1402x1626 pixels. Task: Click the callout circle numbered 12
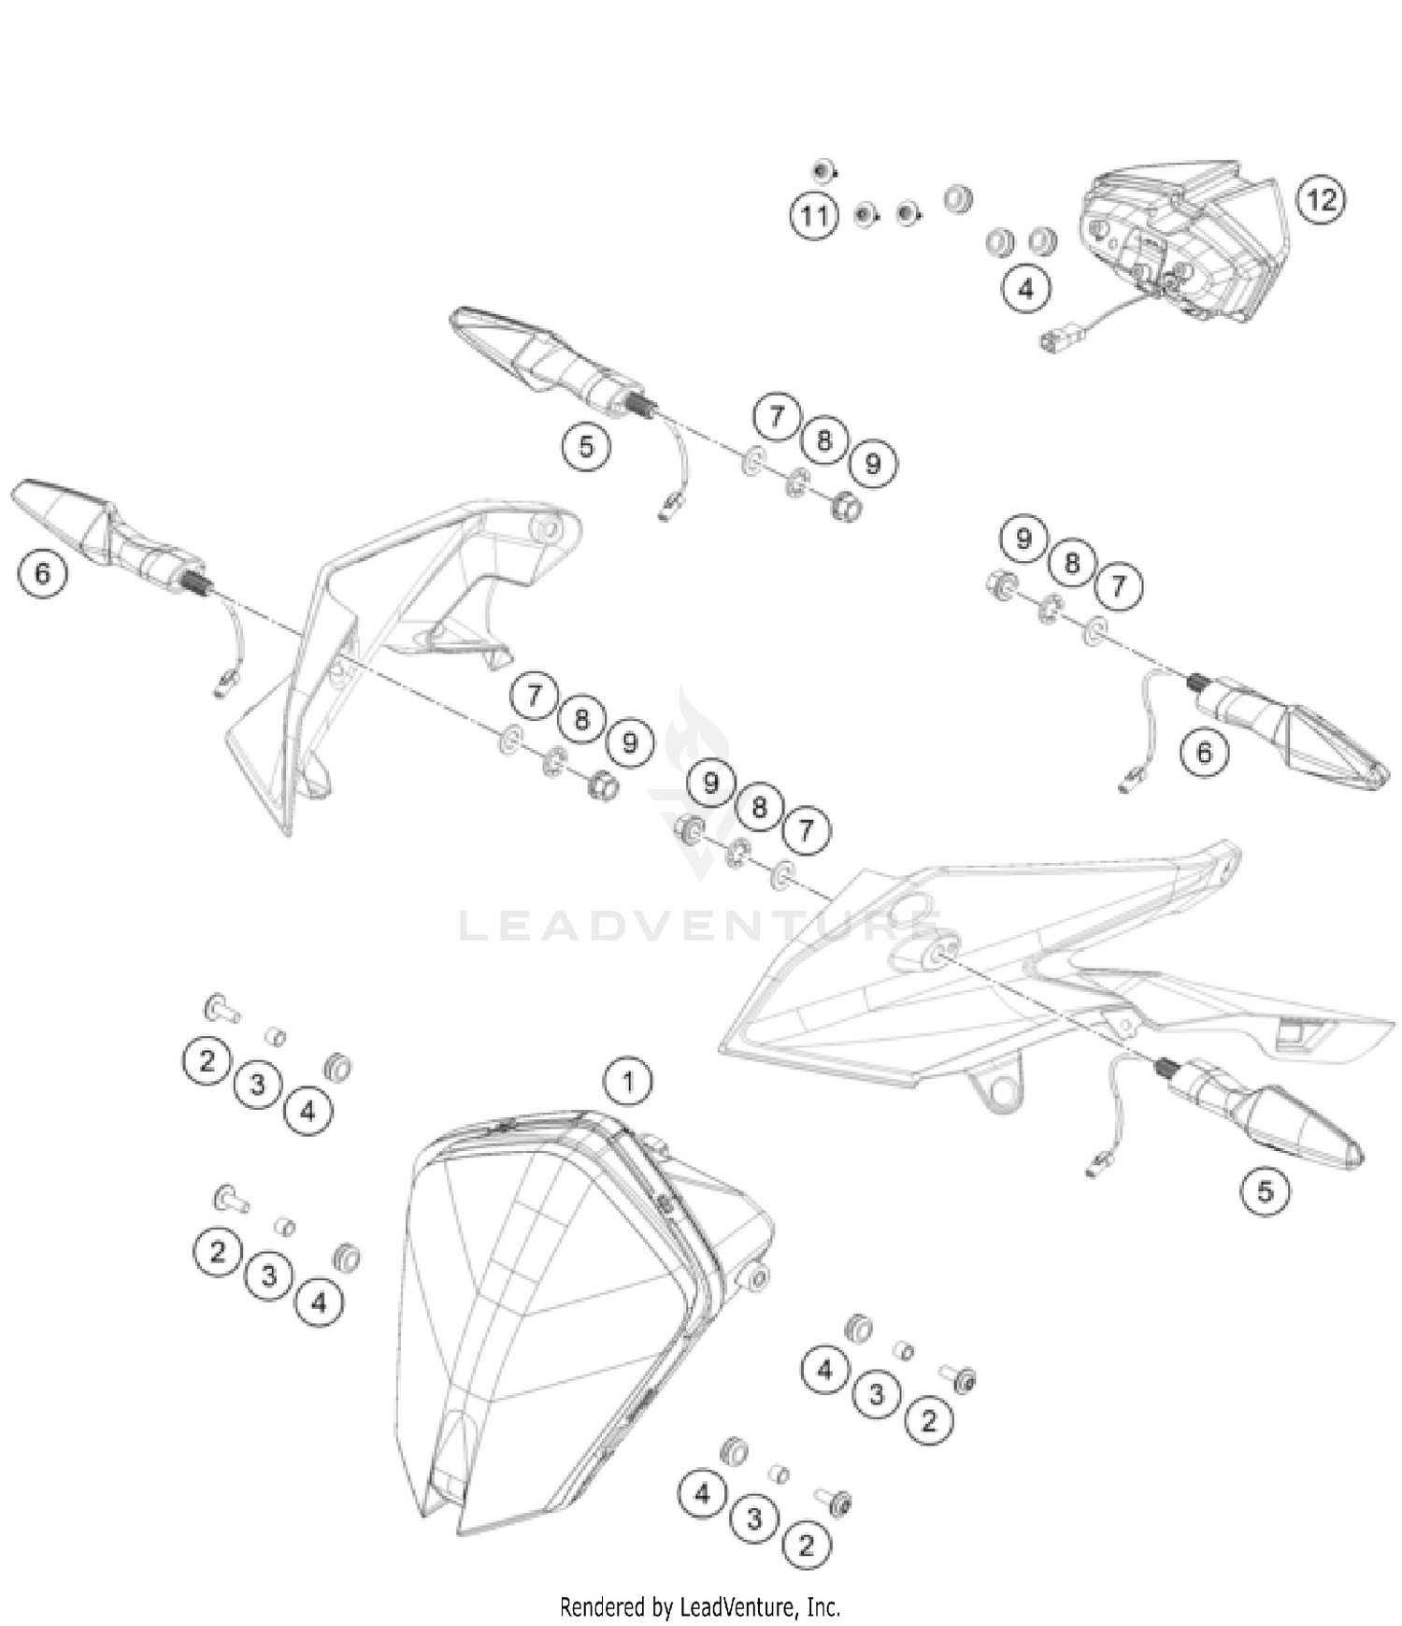(x=1321, y=200)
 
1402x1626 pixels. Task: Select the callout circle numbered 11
(x=814, y=216)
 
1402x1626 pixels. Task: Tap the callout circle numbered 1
(x=628, y=1082)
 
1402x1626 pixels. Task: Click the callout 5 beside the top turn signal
(x=586, y=446)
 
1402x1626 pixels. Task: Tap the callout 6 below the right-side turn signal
(x=1203, y=753)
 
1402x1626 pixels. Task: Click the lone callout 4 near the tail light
(x=1026, y=289)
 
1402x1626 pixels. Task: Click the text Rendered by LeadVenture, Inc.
(x=700, y=1607)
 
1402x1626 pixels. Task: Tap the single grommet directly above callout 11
(x=823, y=171)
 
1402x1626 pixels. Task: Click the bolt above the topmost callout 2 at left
(x=221, y=1009)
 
